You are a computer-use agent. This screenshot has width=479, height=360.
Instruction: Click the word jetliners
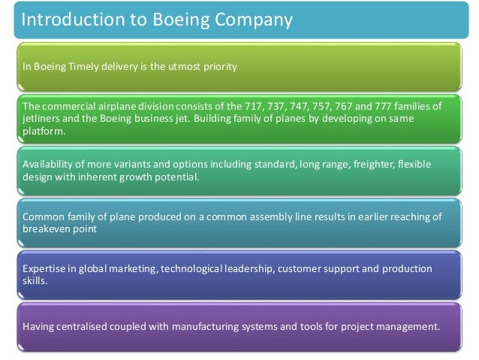43,119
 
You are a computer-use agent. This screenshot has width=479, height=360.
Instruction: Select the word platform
44,132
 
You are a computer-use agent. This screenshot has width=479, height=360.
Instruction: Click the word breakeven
50,228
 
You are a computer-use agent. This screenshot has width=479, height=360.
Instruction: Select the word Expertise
44,269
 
